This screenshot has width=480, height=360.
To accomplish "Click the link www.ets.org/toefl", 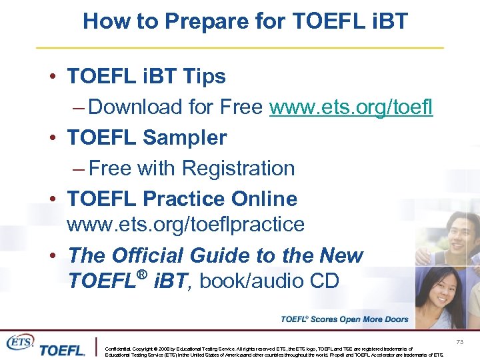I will [351, 107].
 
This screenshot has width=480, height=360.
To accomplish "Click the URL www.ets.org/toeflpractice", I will [185, 225].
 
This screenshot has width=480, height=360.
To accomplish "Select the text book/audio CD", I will [269, 281].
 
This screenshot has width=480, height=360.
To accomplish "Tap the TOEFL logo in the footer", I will [61, 349].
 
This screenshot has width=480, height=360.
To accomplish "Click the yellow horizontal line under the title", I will [240, 48].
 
